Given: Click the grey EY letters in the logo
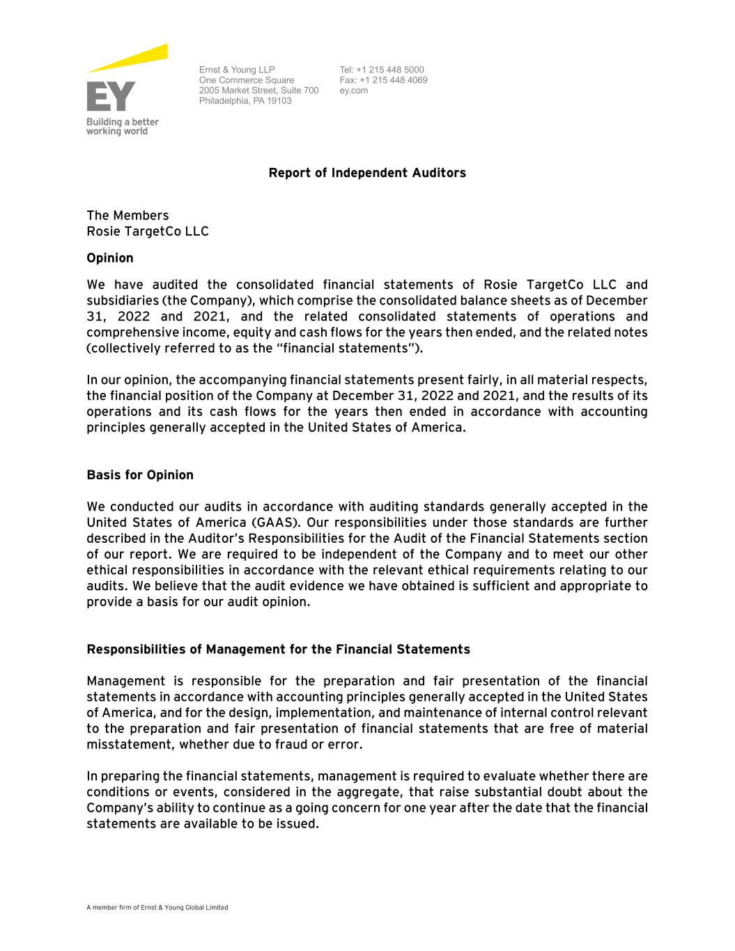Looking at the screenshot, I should pyautogui.click(x=111, y=97).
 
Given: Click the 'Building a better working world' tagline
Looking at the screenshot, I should pyautogui.click(x=122, y=127).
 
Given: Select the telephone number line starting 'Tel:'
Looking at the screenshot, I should pyautogui.click(x=381, y=70).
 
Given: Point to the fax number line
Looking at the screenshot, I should pyautogui.click(x=383, y=80).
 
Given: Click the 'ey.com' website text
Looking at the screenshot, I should pyautogui.click(x=353, y=91).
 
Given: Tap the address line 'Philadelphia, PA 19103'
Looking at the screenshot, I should pyautogui.click(x=245, y=101).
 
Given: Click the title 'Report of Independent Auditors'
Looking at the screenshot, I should pyautogui.click(x=367, y=173).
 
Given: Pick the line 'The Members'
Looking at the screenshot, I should pyautogui.click(x=127, y=215).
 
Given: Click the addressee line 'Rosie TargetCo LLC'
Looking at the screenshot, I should pyautogui.click(x=148, y=231).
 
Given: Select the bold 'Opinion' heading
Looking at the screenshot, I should pyautogui.click(x=110, y=258).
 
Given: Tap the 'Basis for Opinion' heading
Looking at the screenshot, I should pyautogui.click(x=140, y=475).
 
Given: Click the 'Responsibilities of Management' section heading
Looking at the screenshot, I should pyautogui.click(x=278, y=649).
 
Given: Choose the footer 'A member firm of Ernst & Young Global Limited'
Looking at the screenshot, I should pyautogui.click(x=157, y=908).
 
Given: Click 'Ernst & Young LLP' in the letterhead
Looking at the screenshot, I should pyautogui.click(x=237, y=70).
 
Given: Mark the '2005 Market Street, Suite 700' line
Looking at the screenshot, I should pyautogui.click(x=258, y=91).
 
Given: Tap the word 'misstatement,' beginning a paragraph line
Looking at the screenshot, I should pyautogui.click(x=130, y=745).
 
